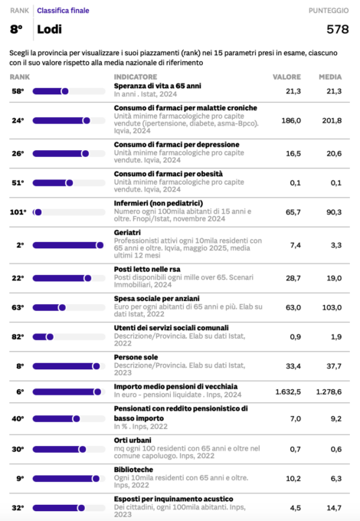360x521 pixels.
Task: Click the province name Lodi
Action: point(49,29)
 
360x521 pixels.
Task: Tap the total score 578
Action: point(338,29)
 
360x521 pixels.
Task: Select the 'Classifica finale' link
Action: point(63,11)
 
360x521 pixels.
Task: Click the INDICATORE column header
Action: point(136,77)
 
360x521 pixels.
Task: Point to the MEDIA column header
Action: point(330,77)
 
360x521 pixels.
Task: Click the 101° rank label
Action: point(18,212)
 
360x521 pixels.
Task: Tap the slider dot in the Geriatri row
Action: point(100,245)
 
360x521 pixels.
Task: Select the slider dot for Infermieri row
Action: point(38,212)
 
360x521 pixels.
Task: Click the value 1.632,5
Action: point(288,392)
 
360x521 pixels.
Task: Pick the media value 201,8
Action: point(332,120)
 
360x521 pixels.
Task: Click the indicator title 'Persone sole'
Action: point(136,357)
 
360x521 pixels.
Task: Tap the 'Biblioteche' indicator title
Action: point(133,470)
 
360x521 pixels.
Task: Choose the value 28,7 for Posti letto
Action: point(293,278)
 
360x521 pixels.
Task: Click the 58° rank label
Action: point(18,91)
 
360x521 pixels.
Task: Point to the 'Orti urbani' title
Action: point(133,441)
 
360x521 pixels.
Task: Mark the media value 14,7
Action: point(334,508)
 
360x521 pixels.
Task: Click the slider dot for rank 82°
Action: point(50,337)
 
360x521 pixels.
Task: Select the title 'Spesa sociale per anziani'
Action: point(157,298)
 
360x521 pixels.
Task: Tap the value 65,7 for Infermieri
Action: point(293,212)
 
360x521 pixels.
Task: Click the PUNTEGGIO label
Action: point(329,11)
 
